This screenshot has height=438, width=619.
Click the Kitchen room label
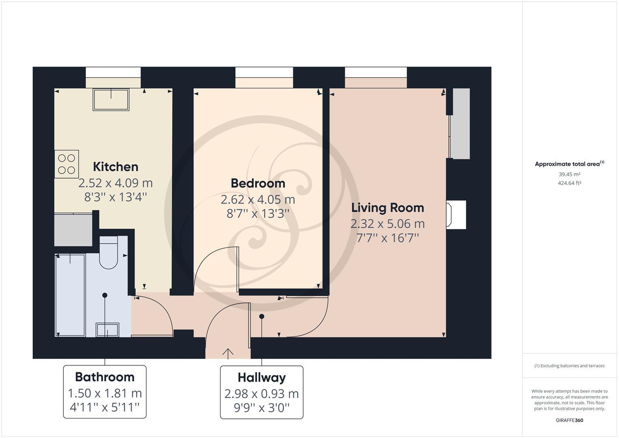[x=116, y=167]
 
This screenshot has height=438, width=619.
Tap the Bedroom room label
[x=258, y=183]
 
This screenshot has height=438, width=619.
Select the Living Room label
[x=388, y=208]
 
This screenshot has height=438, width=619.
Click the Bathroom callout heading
[x=105, y=377]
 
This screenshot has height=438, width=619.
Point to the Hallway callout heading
[x=261, y=378]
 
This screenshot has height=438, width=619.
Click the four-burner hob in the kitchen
[x=66, y=164]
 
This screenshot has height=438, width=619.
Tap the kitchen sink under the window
[x=111, y=99]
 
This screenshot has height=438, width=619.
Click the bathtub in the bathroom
[x=70, y=295]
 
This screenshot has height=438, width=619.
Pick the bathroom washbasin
[x=107, y=329]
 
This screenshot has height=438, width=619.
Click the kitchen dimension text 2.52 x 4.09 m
[x=116, y=183]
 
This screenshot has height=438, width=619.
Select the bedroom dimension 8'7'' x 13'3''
[x=258, y=213]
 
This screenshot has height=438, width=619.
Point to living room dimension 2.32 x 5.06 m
[x=388, y=223]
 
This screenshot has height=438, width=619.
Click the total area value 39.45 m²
[x=569, y=174]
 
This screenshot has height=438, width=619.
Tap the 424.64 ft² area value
[x=569, y=183]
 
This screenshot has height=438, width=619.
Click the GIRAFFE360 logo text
[x=569, y=420]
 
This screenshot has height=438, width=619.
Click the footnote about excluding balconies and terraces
[x=569, y=366]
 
